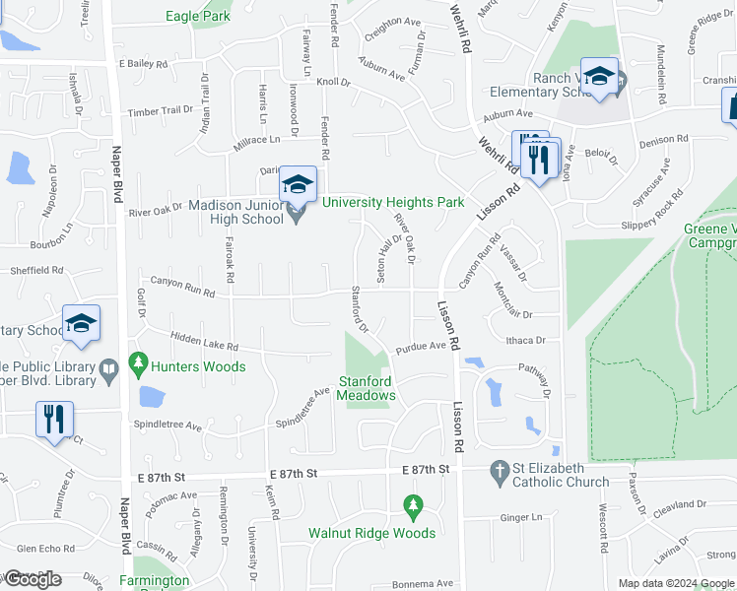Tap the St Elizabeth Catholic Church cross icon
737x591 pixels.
499,475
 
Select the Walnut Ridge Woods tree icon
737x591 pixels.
414,509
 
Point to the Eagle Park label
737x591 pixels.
197,16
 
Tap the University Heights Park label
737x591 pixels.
392,202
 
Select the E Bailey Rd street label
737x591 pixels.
143,63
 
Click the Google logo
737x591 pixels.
32,579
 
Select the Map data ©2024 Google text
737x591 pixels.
676,583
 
